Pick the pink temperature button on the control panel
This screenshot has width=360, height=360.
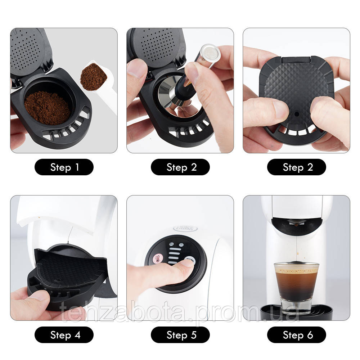click(157, 258)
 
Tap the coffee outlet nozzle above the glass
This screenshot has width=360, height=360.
click(296, 225)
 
